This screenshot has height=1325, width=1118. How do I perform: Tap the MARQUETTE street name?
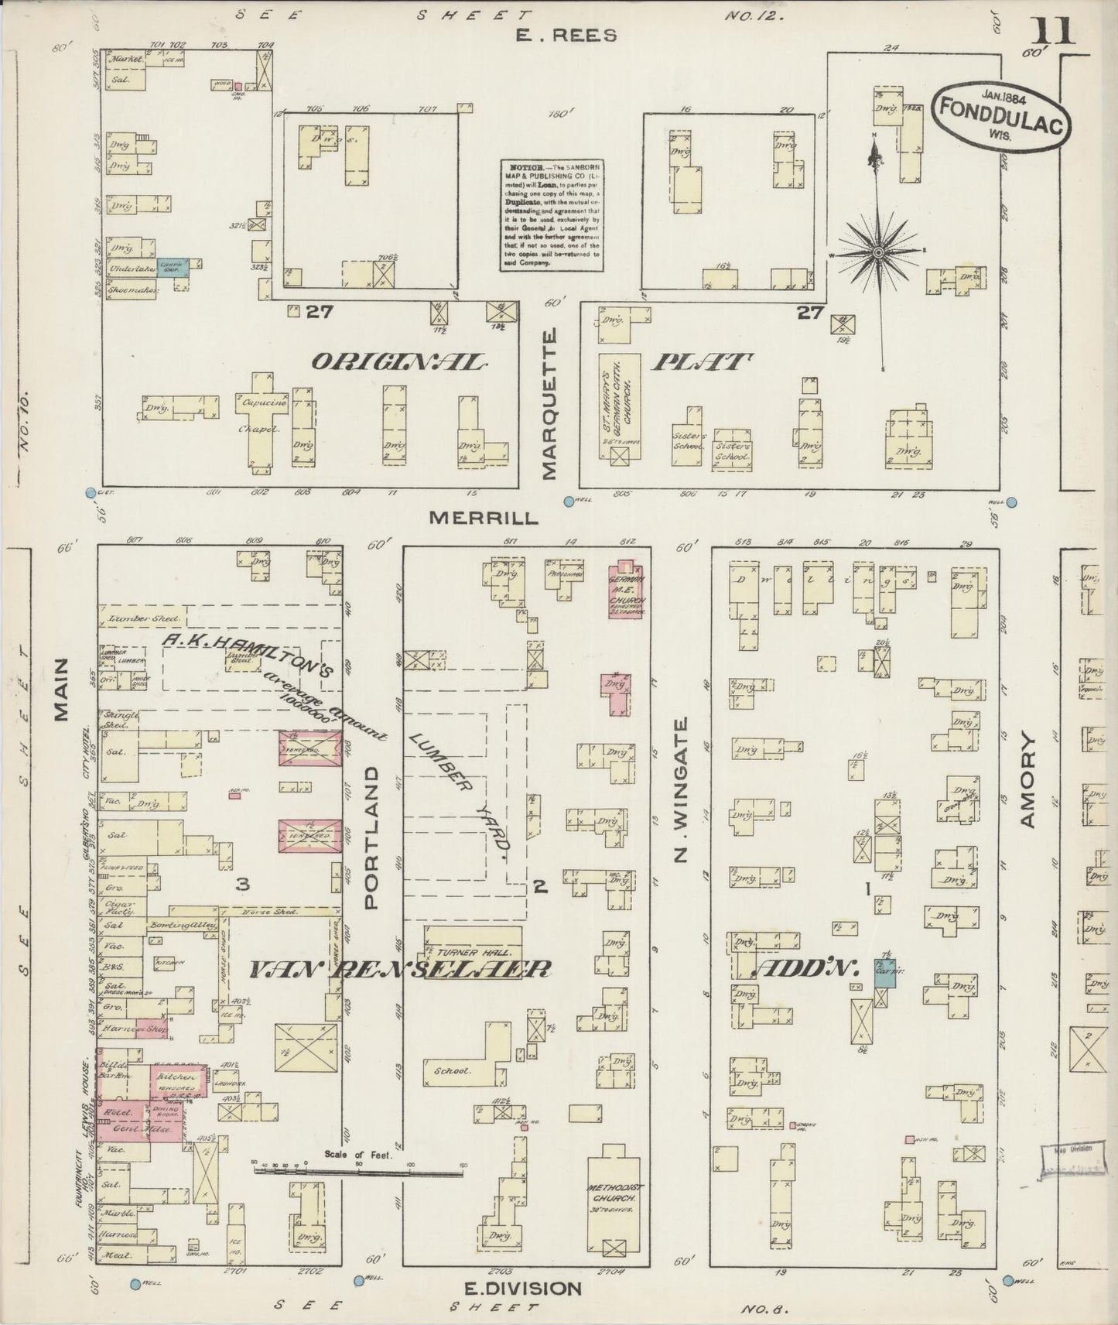point(550,404)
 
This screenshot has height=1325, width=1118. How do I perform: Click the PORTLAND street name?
point(372,837)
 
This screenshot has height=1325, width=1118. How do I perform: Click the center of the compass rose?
point(879,253)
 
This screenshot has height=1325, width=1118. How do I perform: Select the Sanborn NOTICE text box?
point(551,214)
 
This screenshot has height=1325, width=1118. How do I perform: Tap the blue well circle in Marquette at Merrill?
point(569,502)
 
